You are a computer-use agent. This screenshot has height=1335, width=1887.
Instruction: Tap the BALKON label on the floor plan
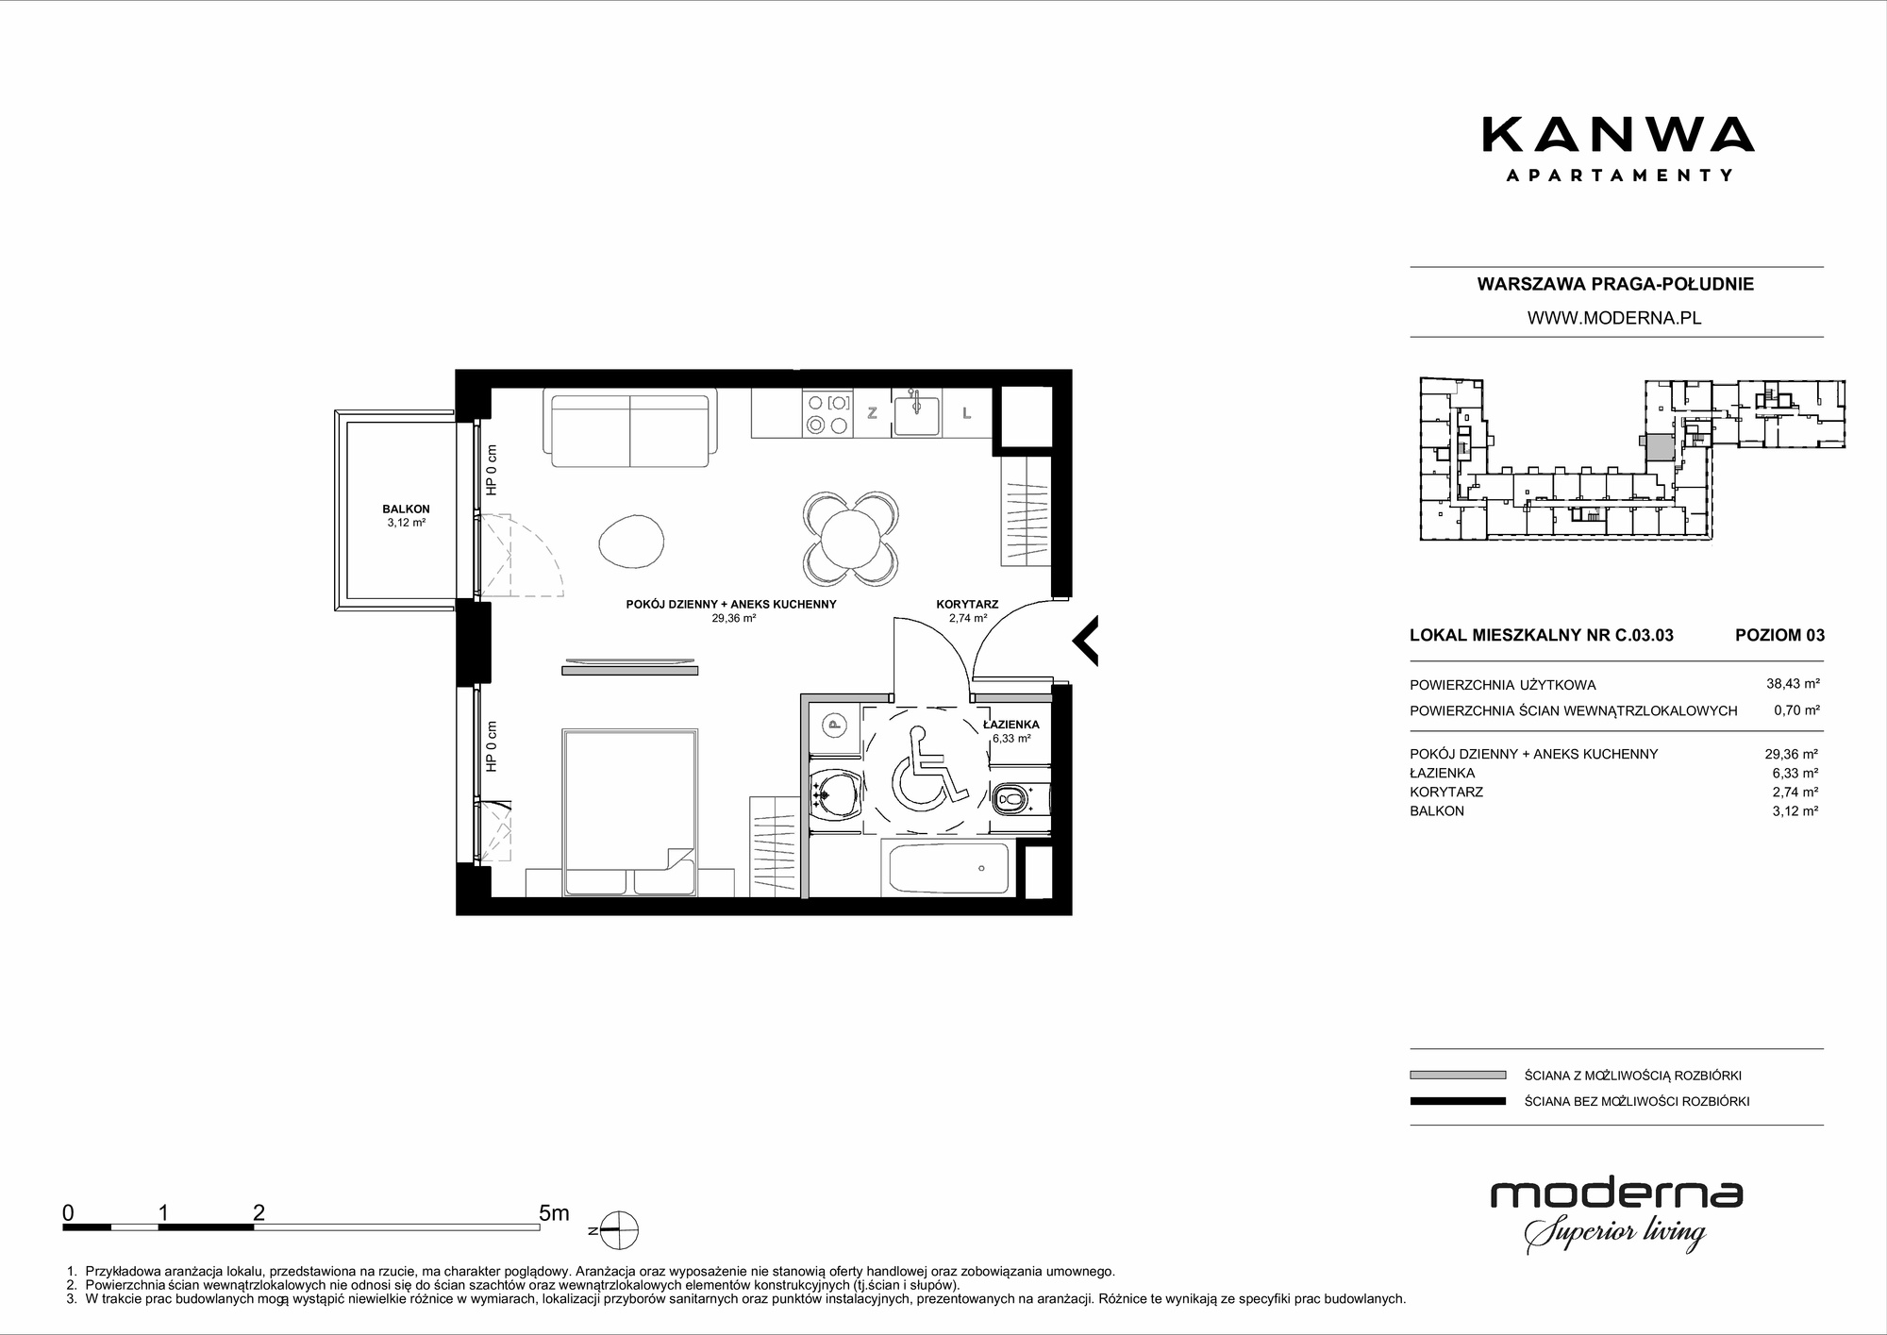click(407, 509)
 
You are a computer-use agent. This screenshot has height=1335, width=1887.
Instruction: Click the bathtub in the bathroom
click(945, 869)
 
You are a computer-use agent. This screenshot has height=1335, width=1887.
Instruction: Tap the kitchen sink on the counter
click(916, 413)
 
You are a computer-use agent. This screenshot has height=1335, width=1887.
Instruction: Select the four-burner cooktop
click(827, 413)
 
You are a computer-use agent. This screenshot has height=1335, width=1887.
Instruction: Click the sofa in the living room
click(629, 430)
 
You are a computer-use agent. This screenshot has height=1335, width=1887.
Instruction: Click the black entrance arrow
click(1085, 641)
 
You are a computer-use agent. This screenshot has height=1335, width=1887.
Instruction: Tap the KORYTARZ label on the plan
click(967, 604)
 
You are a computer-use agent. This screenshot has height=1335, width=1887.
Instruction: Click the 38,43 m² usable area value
click(1793, 685)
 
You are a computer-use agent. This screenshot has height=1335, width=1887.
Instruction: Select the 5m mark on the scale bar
click(554, 1213)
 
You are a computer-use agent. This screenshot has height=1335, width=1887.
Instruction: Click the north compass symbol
click(617, 1230)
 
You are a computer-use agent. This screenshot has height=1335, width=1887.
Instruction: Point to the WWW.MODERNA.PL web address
click(1614, 319)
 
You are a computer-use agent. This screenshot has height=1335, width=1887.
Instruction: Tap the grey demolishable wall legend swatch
click(1458, 1075)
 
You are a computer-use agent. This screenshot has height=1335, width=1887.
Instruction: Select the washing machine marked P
click(833, 726)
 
